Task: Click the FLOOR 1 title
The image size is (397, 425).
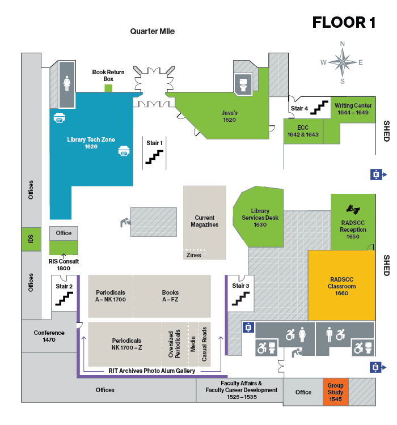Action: point(344,23)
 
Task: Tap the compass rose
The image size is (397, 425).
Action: point(342,62)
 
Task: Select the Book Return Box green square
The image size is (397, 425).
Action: point(108,88)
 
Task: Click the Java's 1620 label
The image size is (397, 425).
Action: point(229,116)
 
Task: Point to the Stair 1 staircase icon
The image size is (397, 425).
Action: point(155,156)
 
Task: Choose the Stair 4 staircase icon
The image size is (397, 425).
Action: point(322,107)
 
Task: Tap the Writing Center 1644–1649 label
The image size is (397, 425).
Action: point(353,109)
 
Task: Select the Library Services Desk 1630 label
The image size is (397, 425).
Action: point(260,218)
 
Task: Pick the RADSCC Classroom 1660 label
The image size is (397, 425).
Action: point(341,286)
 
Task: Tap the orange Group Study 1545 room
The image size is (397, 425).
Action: point(335,392)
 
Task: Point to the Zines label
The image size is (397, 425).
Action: point(193,255)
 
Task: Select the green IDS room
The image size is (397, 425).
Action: point(31,240)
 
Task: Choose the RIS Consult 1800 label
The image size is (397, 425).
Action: point(64,265)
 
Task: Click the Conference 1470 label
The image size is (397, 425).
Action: point(49,336)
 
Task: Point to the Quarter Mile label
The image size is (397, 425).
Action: point(152,32)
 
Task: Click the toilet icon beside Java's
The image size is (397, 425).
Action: point(243,84)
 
